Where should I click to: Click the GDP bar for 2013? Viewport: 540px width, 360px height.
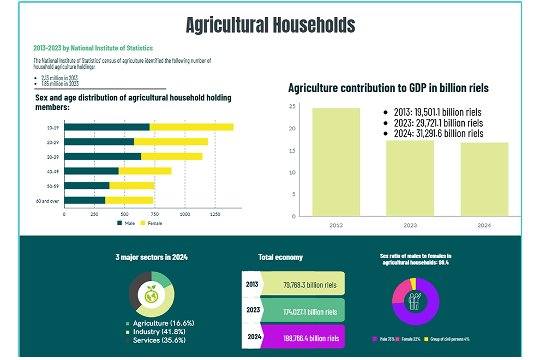click(x=336, y=164)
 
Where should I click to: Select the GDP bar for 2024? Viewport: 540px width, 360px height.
click(x=484, y=180)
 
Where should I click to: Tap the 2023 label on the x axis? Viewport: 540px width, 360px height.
click(x=410, y=224)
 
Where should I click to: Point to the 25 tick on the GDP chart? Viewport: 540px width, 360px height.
click(x=292, y=106)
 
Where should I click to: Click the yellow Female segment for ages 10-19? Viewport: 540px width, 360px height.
click(x=191, y=127)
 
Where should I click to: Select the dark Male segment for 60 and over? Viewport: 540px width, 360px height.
click(x=85, y=200)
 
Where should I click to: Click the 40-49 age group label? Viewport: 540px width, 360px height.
click(x=53, y=171)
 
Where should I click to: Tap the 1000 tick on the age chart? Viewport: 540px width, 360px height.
click(x=184, y=214)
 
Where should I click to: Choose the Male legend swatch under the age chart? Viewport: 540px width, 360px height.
click(x=119, y=223)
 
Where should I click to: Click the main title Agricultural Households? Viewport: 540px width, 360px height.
click(x=270, y=25)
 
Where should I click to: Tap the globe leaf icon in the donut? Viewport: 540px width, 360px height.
click(x=151, y=295)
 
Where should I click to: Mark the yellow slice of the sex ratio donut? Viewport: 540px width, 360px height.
click(x=413, y=283)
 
